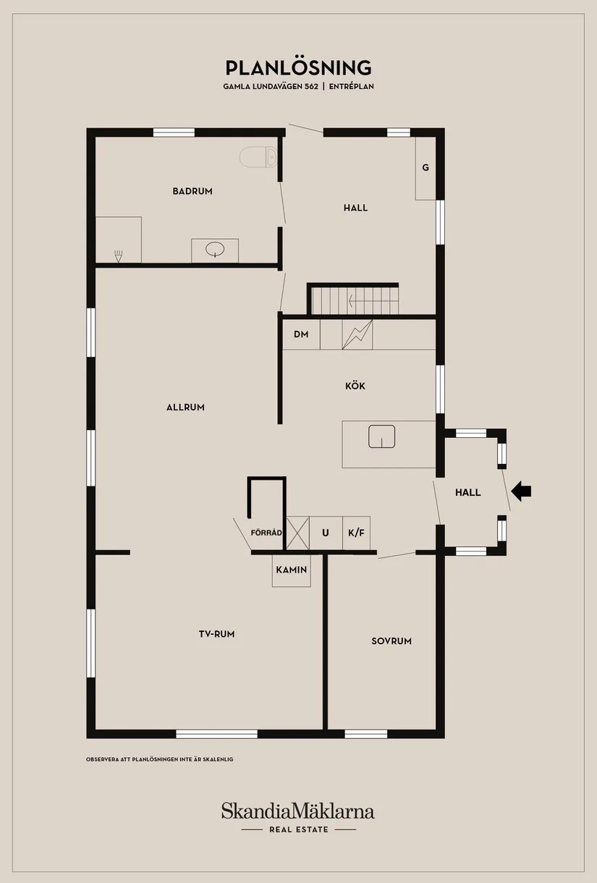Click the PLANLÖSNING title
(x=298, y=68)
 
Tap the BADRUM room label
(x=192, y=191)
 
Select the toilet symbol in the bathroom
(x=258, y=156)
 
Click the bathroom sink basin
(x=215, y=250)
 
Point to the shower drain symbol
(x=119, y=255)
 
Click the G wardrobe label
(x=425, y=167)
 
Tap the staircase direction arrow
(x=362, y=300)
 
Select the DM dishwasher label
(x=301, y=334)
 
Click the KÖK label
(x=355, y=386)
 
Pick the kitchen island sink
(x=381, y=436)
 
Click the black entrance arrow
(x=521, y=491)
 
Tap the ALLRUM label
(x=185, y=407)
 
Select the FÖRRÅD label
(x=265, y=533)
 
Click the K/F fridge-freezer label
(x=356, y=533)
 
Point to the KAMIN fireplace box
(x=292, y=570)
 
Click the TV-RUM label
(x=217, y=634)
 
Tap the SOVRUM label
(x=391, y=641)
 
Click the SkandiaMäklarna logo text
(x=298, y=811)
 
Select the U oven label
(x=326, y=533)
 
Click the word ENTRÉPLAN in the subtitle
(x=352, y=86)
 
